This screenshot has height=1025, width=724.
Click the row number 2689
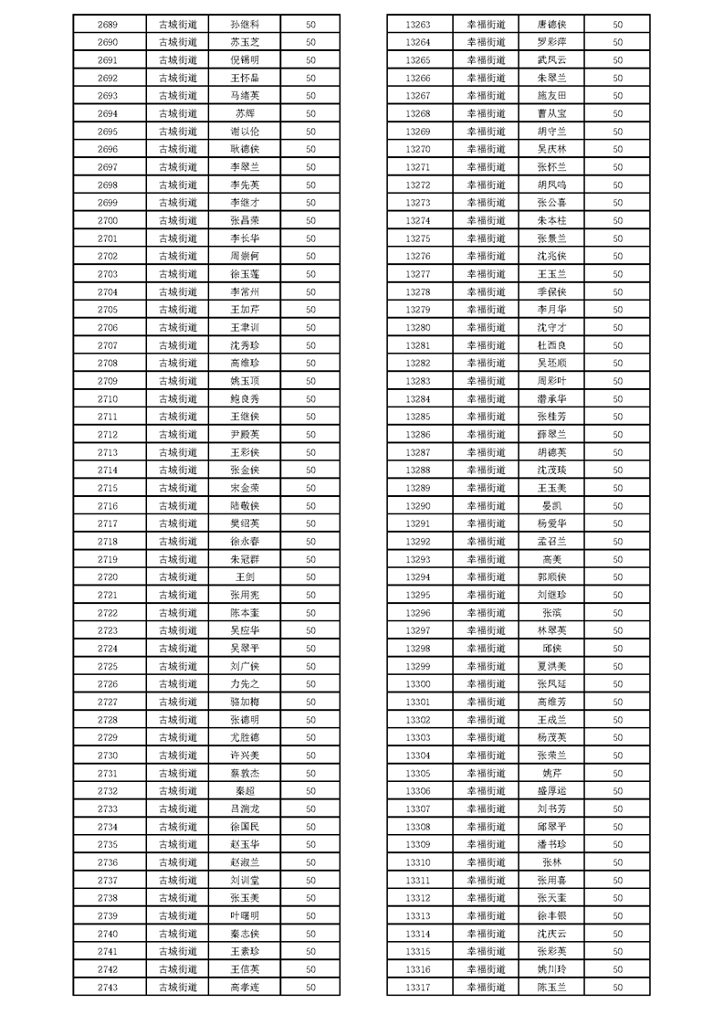(107, 25)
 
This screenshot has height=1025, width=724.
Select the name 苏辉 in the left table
(245, 113)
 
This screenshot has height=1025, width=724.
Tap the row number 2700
(107, 220)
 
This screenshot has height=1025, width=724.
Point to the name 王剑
(245, 576)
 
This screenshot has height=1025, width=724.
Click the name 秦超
(245, 790)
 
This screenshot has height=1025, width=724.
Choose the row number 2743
(107, 987)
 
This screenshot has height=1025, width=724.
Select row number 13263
(417, 25)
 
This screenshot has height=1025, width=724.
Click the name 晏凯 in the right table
(551, 505)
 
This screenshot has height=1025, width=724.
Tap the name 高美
(551, 559)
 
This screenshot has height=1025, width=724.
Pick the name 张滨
(551, 612)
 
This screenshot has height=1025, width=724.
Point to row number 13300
(417, 683)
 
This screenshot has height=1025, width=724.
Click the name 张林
(551, 861)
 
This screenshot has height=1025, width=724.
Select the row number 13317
(417, 987)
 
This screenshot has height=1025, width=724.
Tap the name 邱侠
(551, 648)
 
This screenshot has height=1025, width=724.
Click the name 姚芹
(551, 773)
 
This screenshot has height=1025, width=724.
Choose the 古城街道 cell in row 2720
(177, 576)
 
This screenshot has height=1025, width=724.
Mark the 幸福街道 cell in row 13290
(486, 505)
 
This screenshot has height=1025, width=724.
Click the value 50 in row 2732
(310, 790)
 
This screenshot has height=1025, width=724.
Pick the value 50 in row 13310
(618, 861)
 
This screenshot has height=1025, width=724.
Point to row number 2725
(107, 666)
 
